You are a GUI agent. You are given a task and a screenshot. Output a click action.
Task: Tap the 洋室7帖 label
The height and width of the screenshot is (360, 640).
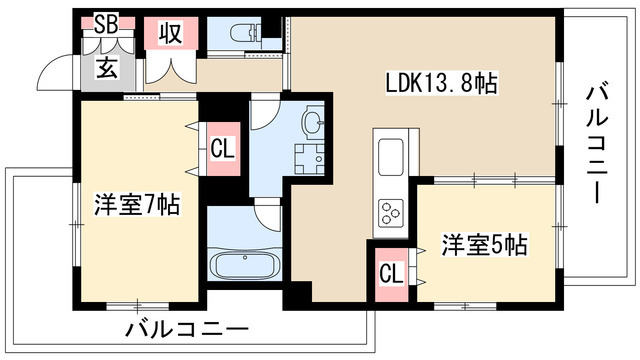[138, 205]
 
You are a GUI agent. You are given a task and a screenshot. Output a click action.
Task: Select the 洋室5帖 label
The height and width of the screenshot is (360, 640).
[485, 243]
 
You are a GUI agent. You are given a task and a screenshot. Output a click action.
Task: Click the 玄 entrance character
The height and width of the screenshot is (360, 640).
[107, 67]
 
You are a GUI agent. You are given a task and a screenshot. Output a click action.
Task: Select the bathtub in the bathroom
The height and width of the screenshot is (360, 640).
[246, 267]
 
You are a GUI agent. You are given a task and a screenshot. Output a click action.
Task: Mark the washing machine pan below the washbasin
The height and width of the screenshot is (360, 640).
[310, 158]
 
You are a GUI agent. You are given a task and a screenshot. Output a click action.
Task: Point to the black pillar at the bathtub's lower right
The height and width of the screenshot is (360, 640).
[297, 295]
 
